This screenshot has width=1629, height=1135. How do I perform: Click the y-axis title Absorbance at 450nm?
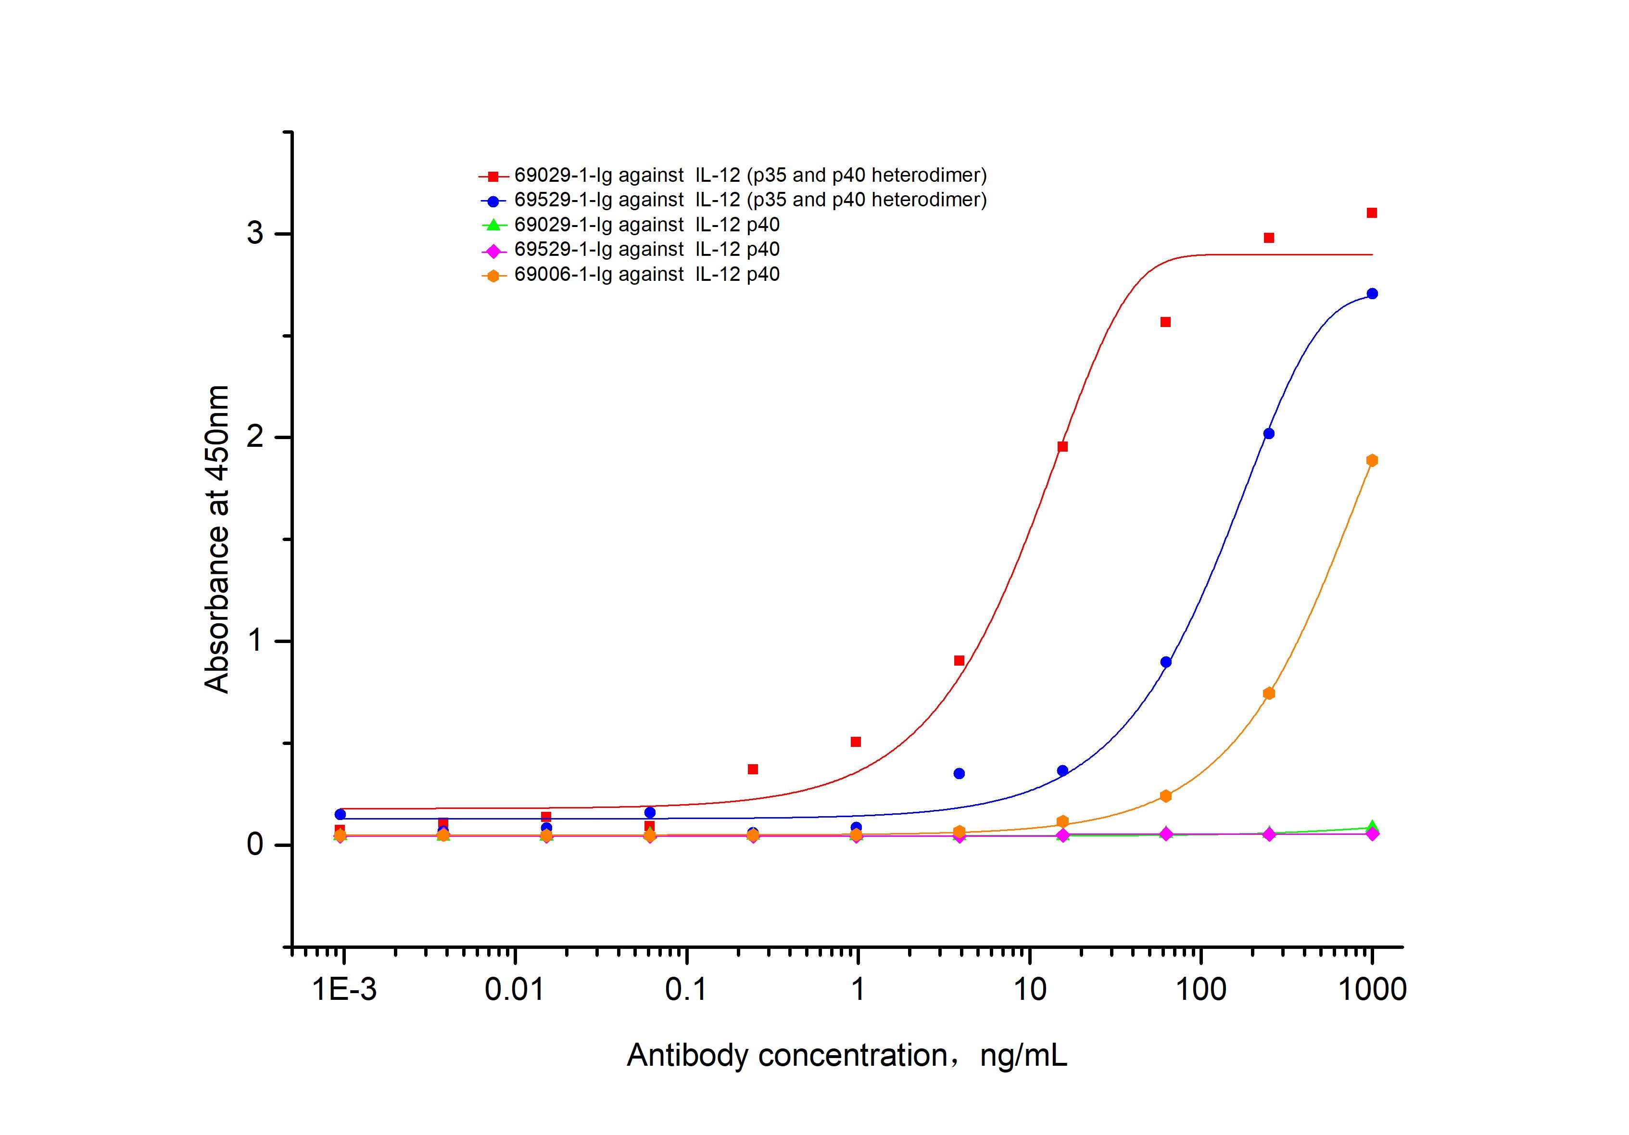(x=217, y=539)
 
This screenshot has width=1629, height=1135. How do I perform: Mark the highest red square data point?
(x=1372, y=213)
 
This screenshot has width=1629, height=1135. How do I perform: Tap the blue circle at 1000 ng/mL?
(x=1372, y=294)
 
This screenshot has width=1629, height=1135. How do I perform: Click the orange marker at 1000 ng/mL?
(x=1372, y=460)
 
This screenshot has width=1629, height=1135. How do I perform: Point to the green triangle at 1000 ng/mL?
(x=1372, y=826)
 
